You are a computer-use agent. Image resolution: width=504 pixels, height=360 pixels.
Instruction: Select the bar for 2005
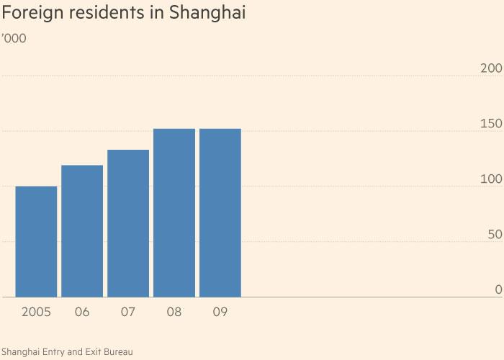click(36, 242)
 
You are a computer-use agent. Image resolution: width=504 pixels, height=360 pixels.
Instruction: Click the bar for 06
click(82, 231)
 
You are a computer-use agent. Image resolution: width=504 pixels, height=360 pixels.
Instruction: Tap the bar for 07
click(128, 223)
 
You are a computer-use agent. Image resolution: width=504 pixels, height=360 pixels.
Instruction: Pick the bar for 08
click(174, 213)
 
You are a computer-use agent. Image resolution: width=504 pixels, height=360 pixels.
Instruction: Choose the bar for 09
click(220, 213)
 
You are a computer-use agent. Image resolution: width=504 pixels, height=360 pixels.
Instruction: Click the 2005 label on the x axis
click(36, 312)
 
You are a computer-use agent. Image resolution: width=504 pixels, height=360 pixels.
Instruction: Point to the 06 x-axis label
click(82, 312)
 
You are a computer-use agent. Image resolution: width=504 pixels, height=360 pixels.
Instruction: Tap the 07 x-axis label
click(128, 312)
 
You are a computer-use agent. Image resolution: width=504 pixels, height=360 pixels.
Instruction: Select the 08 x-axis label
click(174, 312)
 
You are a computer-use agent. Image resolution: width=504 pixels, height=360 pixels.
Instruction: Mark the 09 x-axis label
click(220, 312)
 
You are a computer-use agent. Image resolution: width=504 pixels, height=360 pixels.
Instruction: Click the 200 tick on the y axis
click(490, 68)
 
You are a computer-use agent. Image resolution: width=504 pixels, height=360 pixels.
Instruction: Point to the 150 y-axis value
click(490, 124)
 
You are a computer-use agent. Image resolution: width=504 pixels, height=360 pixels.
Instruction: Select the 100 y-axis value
click(490, 179)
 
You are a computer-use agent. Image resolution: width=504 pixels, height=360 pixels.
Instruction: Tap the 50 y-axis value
click(494, 235)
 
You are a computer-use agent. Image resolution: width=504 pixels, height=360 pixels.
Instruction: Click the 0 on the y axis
click(498, 290)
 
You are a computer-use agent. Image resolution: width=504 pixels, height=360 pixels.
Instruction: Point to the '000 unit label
click(14, 38)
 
